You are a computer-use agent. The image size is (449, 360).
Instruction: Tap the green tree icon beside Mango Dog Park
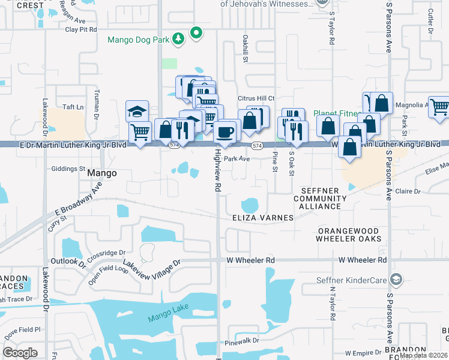pos(178,40)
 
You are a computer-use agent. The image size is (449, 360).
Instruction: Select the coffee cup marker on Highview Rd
pos(225,132)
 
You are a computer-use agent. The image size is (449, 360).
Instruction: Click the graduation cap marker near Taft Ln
pos(137,112)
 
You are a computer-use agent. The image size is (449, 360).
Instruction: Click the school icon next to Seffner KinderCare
pos(395,280)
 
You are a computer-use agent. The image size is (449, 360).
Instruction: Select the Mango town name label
pos(101,173)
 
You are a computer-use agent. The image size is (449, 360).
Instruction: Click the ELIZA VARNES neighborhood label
pos(263,218)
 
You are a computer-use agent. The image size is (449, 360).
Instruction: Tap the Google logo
pos(20,353)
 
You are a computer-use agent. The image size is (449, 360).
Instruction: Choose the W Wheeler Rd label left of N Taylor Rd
pos(250,260)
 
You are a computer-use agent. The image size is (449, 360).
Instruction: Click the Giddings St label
pos(68,169)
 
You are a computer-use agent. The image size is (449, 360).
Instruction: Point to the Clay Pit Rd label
pos(80,29)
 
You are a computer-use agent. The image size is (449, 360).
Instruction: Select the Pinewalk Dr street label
pos(242,340)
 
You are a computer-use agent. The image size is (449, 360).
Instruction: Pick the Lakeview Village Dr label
pos(151,264)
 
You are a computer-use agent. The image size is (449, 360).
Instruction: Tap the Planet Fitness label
pos(336,113)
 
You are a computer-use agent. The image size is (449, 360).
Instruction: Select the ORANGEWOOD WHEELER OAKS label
pos(349,235)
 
